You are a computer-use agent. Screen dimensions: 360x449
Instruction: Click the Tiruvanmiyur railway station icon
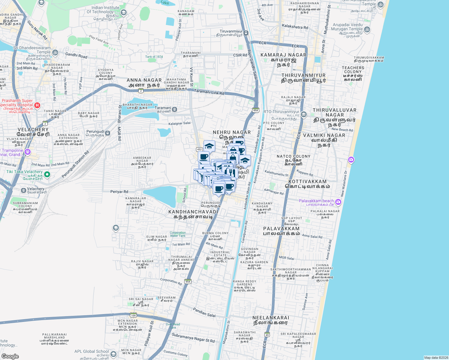pos(246,33)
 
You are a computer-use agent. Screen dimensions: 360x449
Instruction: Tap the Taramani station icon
pos(174,109)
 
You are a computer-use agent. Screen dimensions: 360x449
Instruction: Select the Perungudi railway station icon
pos(108,133)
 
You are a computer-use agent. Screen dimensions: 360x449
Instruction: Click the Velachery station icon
pos(24,190)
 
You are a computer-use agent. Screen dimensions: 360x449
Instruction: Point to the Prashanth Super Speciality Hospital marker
pos(37,105)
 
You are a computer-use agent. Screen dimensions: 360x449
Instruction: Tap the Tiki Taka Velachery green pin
pos(47,174)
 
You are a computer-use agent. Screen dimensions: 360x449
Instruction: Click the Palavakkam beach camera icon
pos(338,202)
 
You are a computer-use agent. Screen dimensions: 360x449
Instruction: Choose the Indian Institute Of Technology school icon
pos(124,12)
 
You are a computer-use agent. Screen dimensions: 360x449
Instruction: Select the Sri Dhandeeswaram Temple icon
pos(55,52)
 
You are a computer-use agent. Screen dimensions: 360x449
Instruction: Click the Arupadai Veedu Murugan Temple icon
pos(367,29)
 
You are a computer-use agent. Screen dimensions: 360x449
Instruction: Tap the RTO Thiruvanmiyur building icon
pos(303,114)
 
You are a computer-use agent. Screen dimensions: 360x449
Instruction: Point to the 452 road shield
pos(199,149)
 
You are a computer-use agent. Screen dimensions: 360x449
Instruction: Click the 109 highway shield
pos(134,315)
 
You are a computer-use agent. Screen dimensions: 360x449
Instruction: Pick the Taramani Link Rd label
pos(209,92)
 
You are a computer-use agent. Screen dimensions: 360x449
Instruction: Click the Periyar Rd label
pos(119,191)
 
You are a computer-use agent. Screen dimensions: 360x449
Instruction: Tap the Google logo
pos(10,356)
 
